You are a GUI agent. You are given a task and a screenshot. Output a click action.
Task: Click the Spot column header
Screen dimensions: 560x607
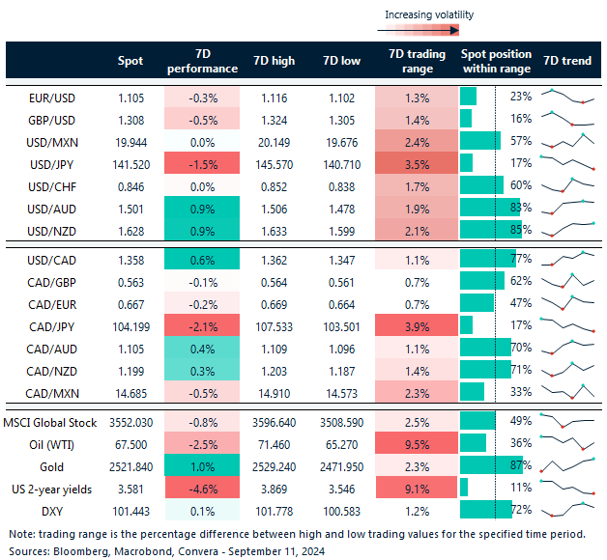click(130, 61)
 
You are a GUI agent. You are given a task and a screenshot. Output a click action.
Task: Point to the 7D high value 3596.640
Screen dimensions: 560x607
click(273, 422)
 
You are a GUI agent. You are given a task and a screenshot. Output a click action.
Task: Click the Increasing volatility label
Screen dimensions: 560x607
click(429, 14)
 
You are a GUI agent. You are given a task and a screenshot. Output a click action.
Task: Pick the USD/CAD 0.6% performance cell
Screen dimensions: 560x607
click(201, 259)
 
